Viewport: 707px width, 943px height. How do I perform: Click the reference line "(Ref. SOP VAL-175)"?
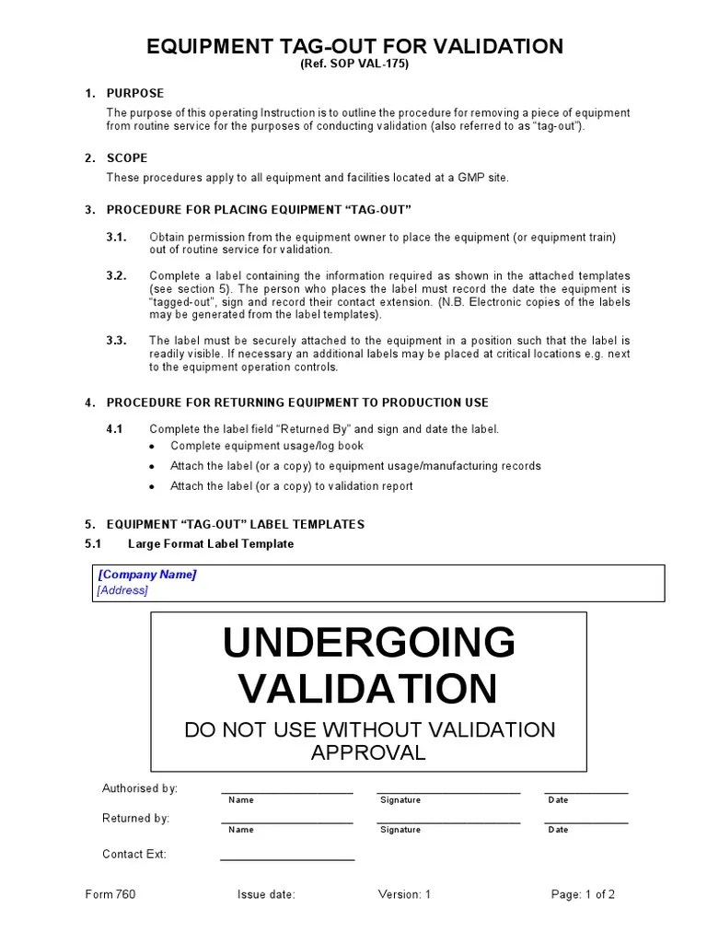tap(353, 64)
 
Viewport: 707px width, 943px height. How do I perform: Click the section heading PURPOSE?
tap(134, 93)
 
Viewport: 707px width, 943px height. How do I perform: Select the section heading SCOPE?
tap(127, 157)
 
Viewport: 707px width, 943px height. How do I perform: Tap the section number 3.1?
tap(116, 238)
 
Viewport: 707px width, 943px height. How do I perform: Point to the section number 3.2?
tap(116, 275)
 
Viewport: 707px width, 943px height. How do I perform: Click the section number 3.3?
tap(116, 341)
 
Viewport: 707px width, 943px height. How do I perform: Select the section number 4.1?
tap(114, 429)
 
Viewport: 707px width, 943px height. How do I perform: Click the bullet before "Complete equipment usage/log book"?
tap(151, 447)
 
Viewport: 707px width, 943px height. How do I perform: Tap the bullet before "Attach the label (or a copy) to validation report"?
tap(151, 486)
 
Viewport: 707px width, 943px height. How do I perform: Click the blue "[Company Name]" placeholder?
tap(146, 575)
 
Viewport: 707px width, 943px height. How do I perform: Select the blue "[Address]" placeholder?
tap(122, 590)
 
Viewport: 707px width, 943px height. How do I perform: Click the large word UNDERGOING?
tap(368, 643)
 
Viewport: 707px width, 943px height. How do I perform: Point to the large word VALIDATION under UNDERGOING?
tap(368, 689)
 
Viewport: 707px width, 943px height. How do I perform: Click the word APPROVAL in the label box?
tap(368, 752)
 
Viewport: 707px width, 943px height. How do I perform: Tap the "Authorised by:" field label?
tap(139, 788)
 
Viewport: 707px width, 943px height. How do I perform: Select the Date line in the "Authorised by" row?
tap(585, 791)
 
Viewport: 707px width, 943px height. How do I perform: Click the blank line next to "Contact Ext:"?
tap(287, 858)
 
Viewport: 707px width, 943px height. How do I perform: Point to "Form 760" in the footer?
tap(110, 894)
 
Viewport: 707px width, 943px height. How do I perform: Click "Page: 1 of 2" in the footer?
tap(583, 894)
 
